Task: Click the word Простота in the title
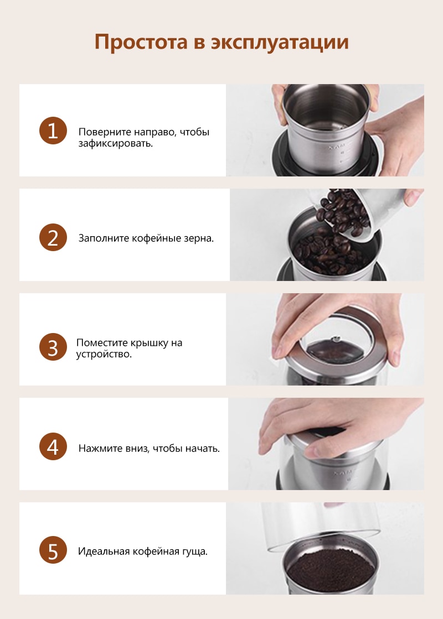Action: (141, 41)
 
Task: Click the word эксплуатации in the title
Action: (280, 42)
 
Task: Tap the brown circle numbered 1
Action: (53, 131)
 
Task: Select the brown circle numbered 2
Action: (53, 237)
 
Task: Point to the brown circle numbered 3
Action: (53, 347)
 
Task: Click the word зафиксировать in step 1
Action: (114, 143)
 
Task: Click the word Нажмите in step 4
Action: (95, 448)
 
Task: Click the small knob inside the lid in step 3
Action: (336, 338)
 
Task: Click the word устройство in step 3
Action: (102, 354)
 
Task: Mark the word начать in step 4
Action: (201, 449)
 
